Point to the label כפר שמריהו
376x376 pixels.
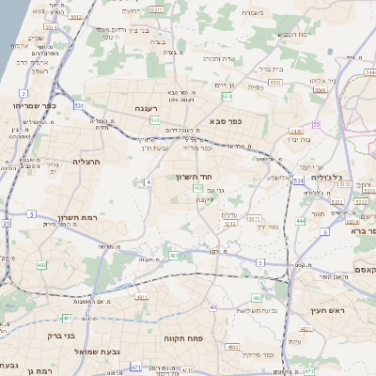point(36,106)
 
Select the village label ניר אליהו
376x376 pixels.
point(345,81)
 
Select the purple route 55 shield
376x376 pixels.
point(317,123)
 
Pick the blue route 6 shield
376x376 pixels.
point(324,230)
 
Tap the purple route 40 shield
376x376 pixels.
point(213,307)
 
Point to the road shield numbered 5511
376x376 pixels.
point(49,27)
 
